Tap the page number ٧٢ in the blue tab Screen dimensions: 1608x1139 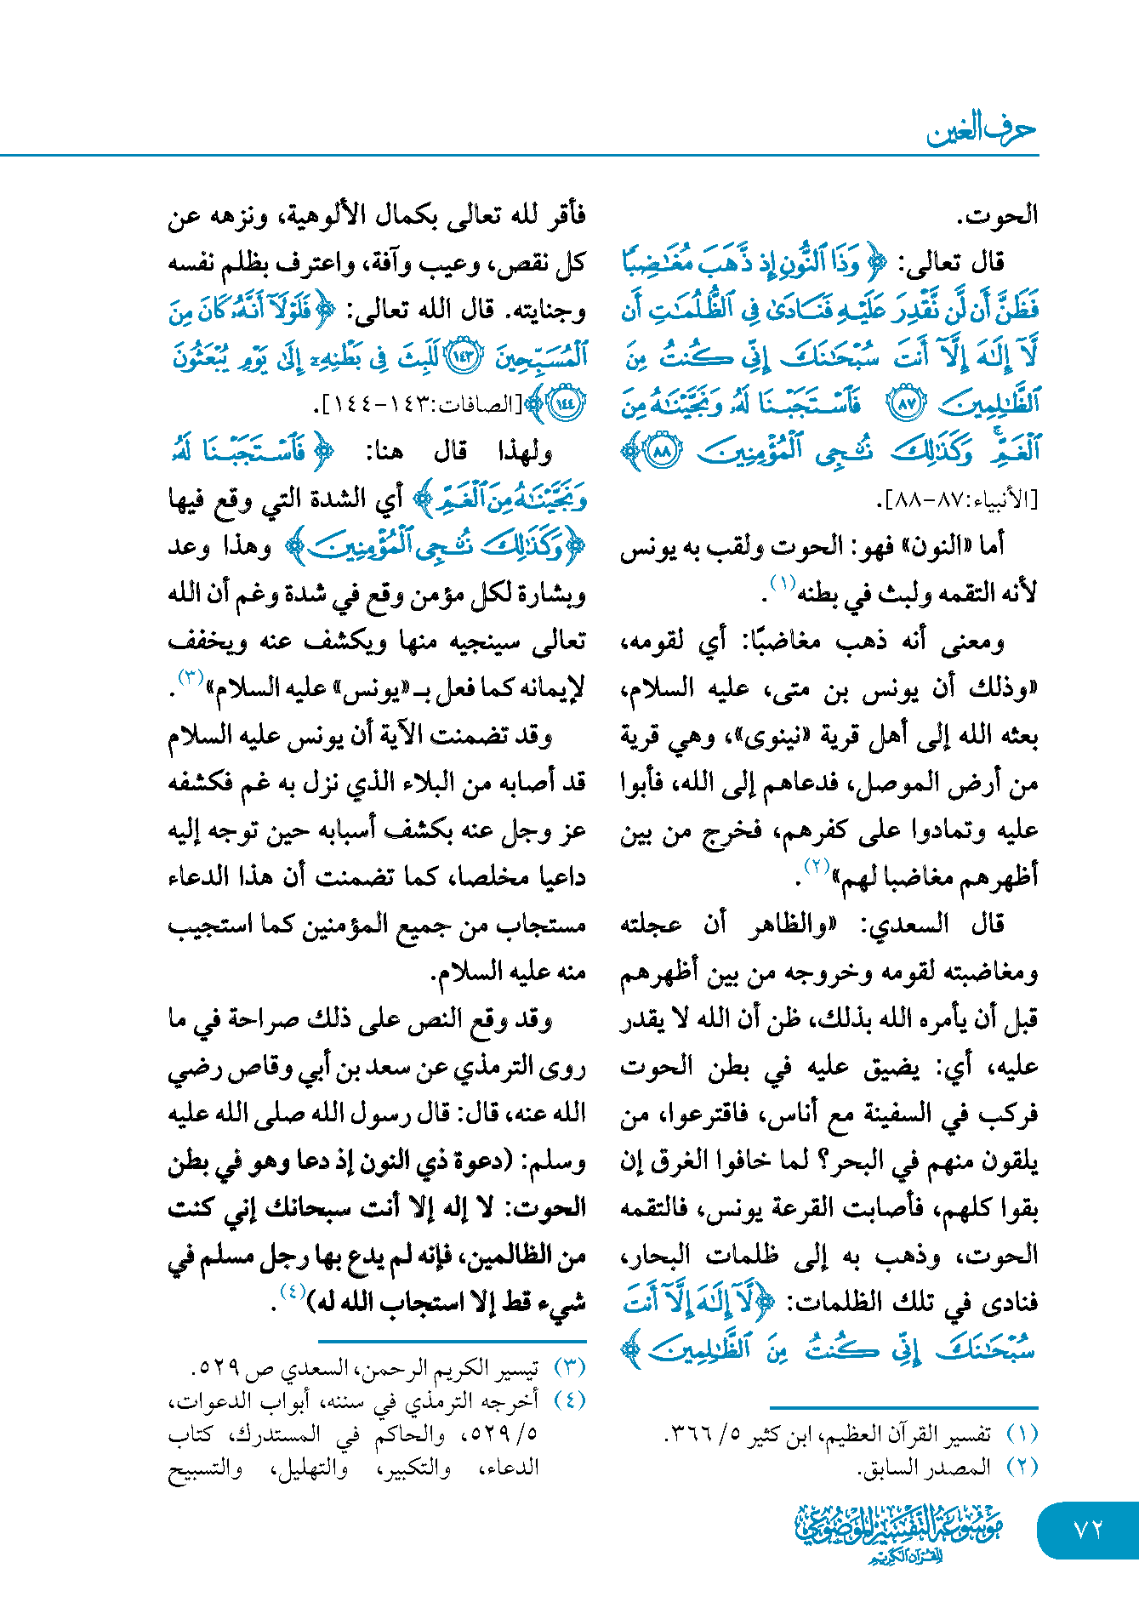pos(1088,1529)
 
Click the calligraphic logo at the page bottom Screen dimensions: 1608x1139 pos(898,1531)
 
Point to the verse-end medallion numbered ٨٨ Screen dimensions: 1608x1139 pos(662,451)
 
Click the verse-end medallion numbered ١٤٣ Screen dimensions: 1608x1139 pos(464,356)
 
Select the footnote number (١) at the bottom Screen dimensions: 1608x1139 pos(1022,1434)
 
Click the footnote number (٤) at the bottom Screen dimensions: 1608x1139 pos(569,1400)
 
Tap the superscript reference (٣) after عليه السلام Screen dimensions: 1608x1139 pos(190,678)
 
